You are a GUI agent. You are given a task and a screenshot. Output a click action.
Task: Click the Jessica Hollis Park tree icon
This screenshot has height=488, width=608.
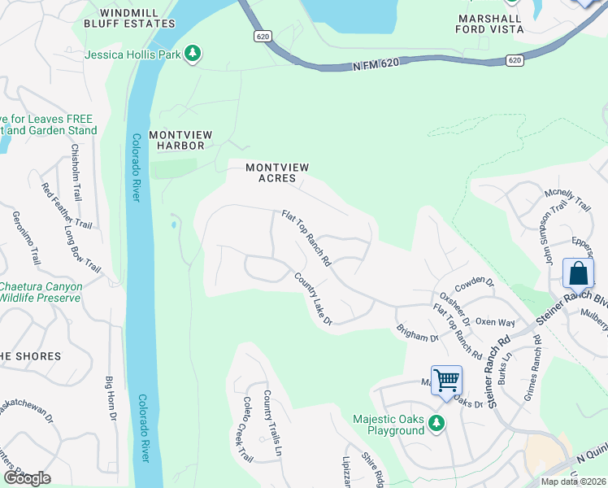(192, 54)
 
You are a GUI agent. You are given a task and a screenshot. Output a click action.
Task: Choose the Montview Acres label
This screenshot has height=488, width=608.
(278, 172)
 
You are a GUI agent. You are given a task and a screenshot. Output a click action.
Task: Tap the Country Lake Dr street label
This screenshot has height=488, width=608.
(314, 299)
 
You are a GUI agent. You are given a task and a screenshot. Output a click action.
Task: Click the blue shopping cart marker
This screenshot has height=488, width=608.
(446, 380)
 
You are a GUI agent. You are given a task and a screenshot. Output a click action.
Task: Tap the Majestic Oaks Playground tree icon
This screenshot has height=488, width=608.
(436, 423)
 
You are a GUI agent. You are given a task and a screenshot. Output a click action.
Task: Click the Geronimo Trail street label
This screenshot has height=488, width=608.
(25, 237)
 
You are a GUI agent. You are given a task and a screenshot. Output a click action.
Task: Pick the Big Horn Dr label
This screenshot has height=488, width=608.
(111, 399)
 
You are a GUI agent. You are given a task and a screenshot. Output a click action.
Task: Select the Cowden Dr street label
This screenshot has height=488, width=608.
(475, 283)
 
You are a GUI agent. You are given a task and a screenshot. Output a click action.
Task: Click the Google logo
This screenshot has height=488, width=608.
(26, 478)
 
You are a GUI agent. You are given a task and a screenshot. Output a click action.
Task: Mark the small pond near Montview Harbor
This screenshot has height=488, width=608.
(173, 224)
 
